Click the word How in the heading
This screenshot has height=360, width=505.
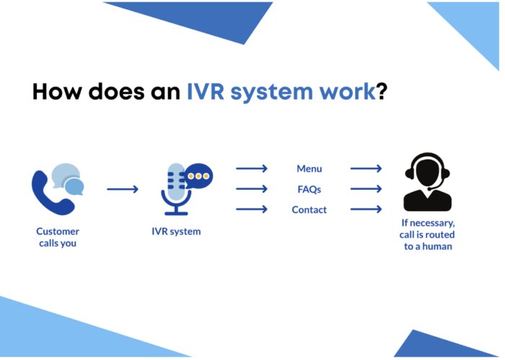coord(59,92)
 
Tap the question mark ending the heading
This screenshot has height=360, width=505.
coord(381,92)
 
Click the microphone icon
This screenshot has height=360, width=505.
coord(176,190)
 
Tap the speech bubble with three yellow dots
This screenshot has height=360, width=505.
coord(199,175)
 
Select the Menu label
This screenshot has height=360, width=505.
coord(309,169)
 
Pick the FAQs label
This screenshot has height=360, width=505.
coord(309,189)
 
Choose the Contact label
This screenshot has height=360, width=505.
coord(309,210)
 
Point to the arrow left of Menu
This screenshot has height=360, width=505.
coord(252,169)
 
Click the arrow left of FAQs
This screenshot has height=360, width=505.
coord(252,189)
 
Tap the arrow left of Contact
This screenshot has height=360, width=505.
coord(252,210)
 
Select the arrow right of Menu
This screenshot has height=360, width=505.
coord(366,169)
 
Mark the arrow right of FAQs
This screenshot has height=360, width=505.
coord(366,189)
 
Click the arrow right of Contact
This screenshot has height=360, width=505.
coord(366,210)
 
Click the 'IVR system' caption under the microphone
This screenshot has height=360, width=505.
coord(177,232)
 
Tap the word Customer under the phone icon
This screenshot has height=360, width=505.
coord(58,232)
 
